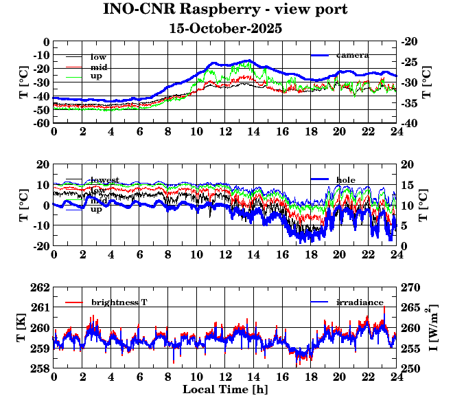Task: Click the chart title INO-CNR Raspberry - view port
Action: tap(225, 10)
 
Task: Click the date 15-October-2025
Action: tap(225, 29)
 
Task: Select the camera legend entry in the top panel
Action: tap(352, 55)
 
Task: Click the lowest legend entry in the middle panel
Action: tap(104, 180)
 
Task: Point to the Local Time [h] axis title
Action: tap(225, 390)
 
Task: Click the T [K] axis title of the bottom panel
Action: tap(23, 328)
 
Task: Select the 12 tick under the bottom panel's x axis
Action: tap(225, 377)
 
